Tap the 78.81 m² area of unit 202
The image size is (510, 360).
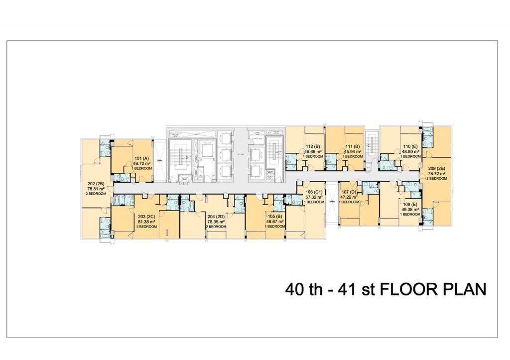point(92,189)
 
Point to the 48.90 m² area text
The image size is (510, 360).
point(411,151)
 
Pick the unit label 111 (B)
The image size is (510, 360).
point(353,146)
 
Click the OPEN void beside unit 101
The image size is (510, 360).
point(159,161)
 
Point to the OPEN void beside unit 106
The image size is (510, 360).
point(331,201)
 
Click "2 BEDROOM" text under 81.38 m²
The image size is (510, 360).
point(146,226)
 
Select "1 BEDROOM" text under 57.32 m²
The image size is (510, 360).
point(314,202)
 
